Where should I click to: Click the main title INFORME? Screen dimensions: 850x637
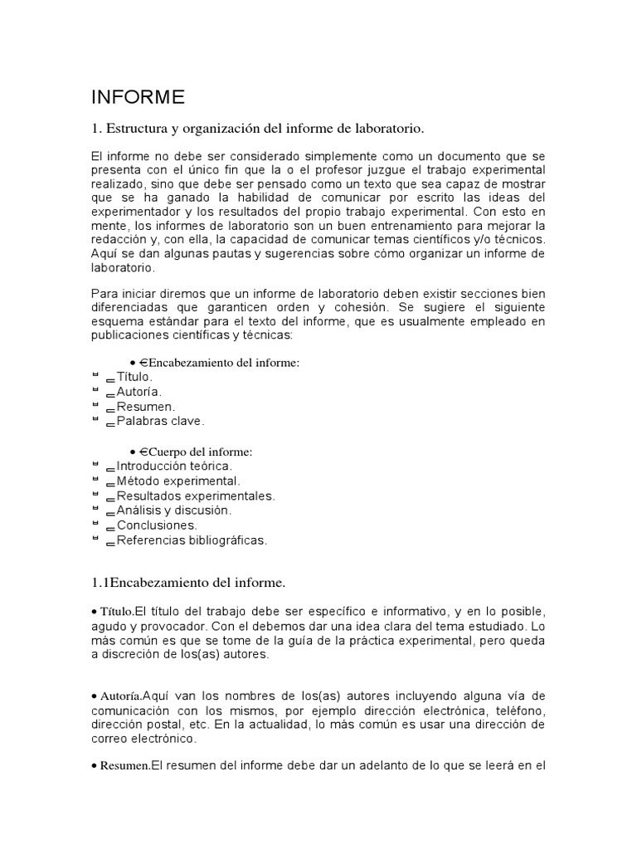point(138,98)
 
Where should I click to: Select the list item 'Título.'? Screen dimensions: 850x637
point(135,377)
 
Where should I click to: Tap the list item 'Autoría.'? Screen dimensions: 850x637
point(139,392)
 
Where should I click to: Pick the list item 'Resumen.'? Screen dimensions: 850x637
point(146,407)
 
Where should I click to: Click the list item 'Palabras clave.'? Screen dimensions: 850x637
point(160,422)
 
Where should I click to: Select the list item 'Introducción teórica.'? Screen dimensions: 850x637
point(174,467)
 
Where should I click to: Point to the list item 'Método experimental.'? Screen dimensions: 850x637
point(178,481)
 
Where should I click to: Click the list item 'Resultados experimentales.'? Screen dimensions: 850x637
point(196,496)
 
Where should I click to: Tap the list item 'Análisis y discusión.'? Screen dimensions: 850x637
point(174,510)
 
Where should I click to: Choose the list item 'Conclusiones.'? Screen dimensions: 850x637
point(157,525)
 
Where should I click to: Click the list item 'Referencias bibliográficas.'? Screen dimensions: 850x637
point(192,540)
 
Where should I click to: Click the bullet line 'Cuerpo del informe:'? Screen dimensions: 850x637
point(200,452)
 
